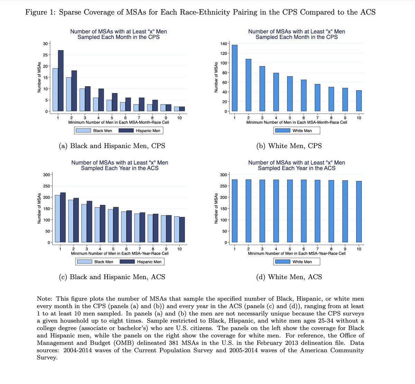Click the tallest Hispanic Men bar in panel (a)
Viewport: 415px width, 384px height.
[x=61, y=81]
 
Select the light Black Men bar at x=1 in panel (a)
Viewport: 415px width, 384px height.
[x=55, y=90]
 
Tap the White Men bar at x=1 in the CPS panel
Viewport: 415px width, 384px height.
[x=234, y=78]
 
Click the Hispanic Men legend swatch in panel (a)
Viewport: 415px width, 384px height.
[x=126, y=131]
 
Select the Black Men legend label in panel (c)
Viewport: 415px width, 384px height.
[x=104, y=262]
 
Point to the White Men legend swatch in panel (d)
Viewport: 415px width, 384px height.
[x=282, y=262]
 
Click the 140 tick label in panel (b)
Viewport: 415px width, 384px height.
[x=223, y=44]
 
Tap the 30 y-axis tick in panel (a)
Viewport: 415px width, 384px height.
[x=45, y=44]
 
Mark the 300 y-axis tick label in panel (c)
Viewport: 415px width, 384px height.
[x=46, y=175]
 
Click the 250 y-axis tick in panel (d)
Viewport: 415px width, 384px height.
[x=223, y=186]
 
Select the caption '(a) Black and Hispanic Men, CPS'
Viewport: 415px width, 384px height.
[x=112, y=146]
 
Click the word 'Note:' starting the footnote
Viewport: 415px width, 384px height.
[x=45, y=299]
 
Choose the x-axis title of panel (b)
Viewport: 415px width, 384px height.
[x=297, y=122]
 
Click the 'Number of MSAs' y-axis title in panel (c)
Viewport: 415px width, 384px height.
[x=39, y=208]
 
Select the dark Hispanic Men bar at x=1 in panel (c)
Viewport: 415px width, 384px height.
[x=63, y=217]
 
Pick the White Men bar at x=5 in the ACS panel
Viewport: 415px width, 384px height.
[x=290, y=211]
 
